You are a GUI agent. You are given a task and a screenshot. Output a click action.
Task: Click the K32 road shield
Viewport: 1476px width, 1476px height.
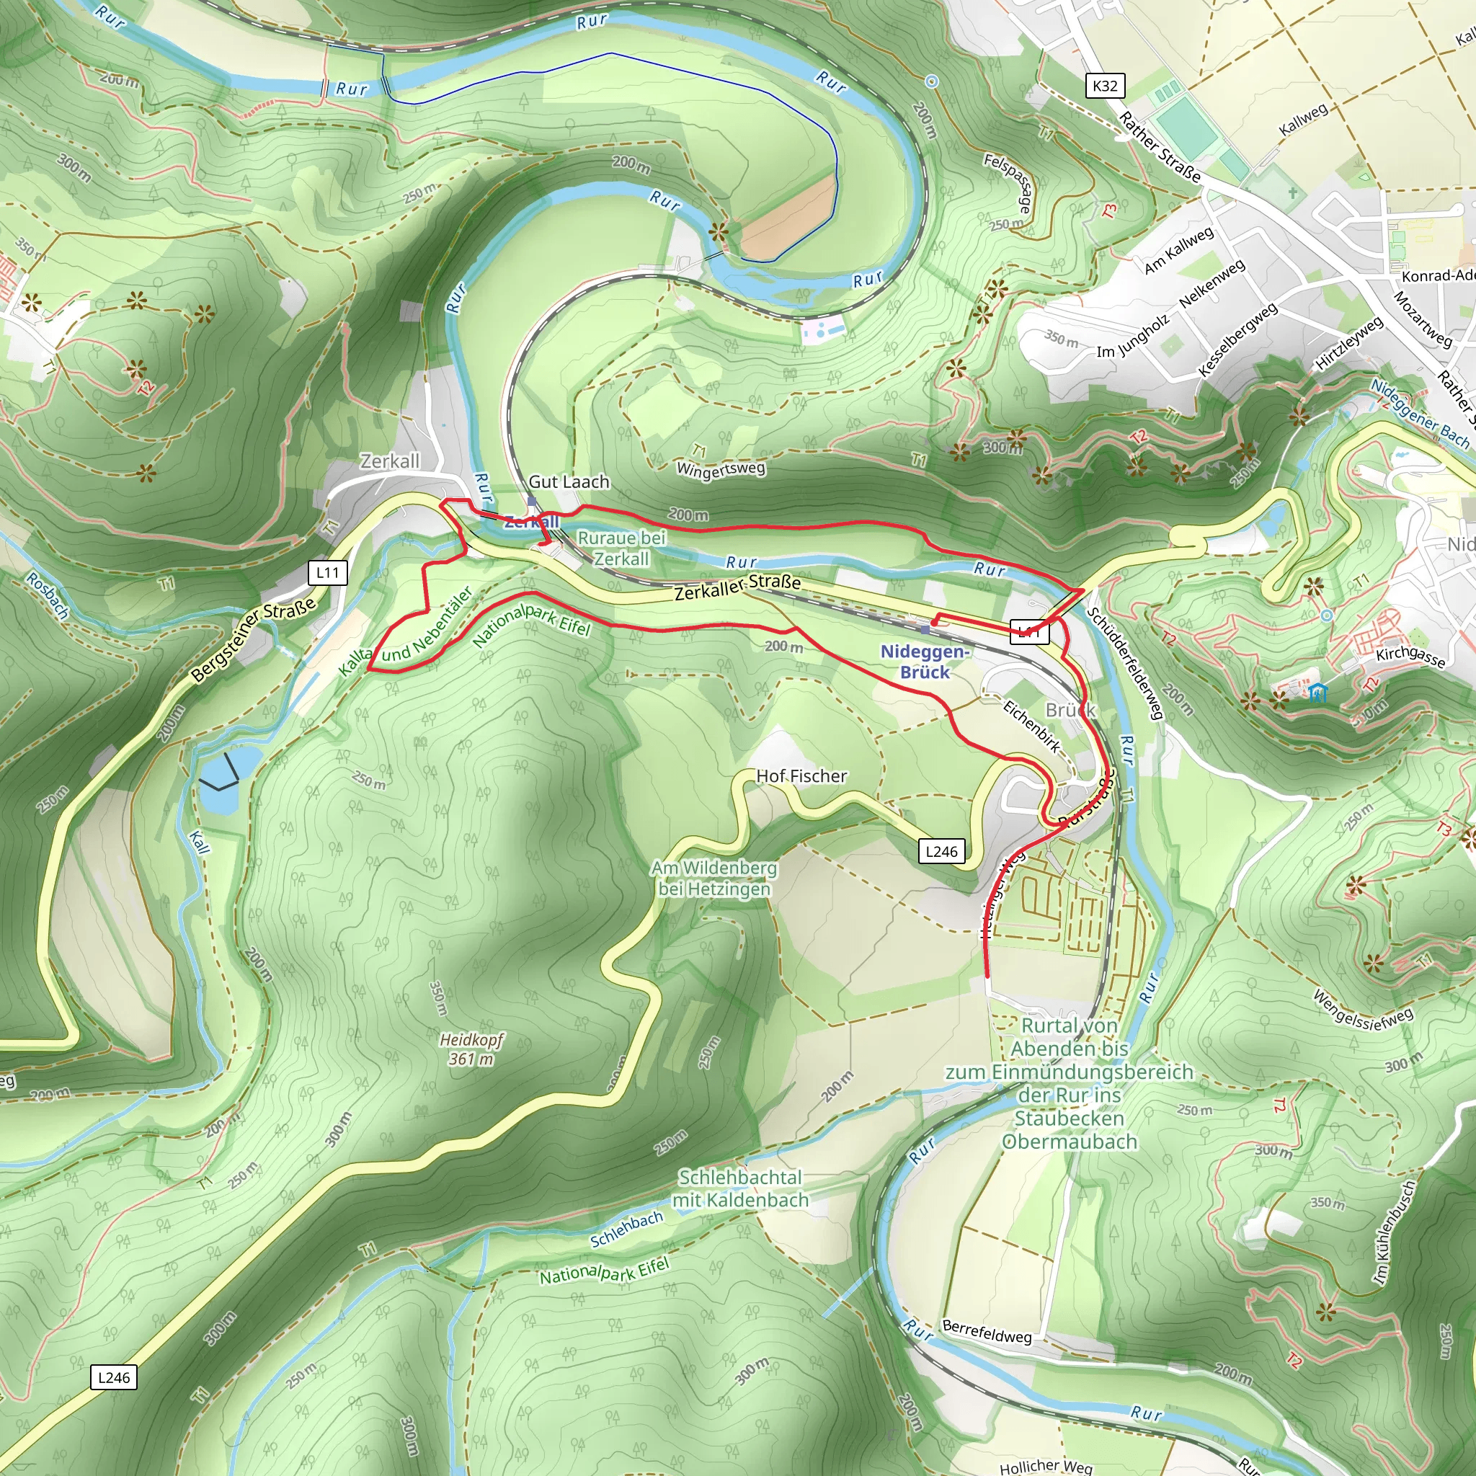(1105, 86)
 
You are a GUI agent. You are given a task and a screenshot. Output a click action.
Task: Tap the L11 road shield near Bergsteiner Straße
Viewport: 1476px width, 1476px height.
(328, 572)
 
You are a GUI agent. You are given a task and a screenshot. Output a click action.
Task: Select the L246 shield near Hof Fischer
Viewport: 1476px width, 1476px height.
(941, 851)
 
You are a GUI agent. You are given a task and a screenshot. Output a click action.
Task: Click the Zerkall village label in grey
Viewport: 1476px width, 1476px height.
(390, 461)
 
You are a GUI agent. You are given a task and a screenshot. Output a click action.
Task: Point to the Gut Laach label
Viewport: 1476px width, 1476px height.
(569, 481)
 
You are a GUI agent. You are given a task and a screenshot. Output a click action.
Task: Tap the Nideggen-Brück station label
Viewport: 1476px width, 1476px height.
(925, 662)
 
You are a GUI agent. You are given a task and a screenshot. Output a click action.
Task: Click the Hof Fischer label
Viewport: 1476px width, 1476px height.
(801, 776)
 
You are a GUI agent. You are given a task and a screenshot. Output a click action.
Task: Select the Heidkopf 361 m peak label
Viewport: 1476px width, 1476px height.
(471, 1049)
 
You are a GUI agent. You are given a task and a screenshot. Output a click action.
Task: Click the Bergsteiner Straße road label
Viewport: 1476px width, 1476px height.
(253, 639)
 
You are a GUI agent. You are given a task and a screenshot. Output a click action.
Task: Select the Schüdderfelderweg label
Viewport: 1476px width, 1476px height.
(1125, 662)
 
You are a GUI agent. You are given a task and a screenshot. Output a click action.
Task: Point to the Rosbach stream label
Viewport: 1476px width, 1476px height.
(48, 595)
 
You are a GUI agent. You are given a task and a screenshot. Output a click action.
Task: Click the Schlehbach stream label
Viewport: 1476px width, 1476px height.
(626, 1230)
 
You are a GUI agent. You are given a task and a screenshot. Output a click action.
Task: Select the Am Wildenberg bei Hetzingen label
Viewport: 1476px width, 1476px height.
(714, 878)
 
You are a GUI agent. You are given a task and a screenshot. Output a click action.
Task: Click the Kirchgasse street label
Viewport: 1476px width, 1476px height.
(1410, 656)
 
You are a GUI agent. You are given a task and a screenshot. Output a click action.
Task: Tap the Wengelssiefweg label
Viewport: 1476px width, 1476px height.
(1363, 1009)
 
